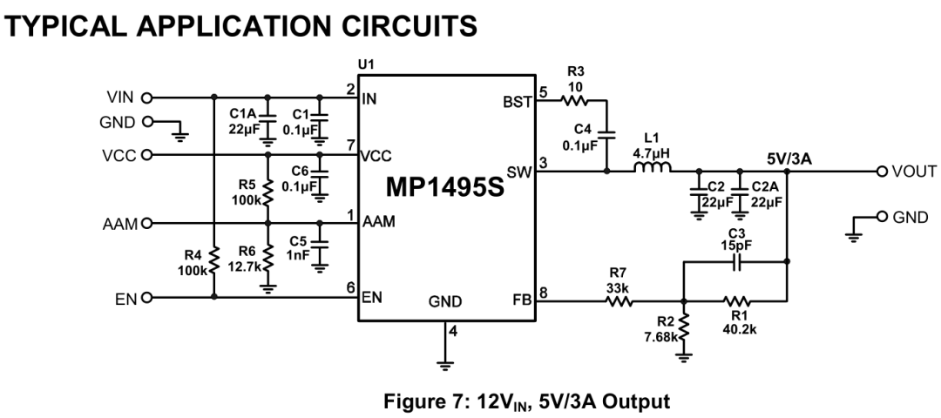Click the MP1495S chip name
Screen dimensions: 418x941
tap(444, 188)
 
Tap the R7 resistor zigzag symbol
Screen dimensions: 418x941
tap(619, 302)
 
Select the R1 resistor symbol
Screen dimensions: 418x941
tap(737, 302)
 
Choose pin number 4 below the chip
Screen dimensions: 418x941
tap(452, 331)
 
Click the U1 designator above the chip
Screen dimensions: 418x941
tap(366, 66)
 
